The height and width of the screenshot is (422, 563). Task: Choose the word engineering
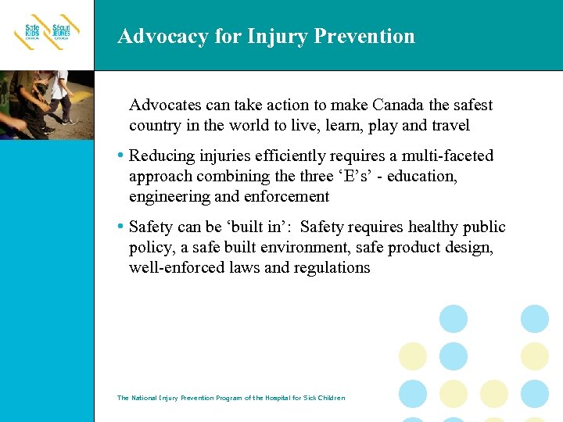tap(167, 197)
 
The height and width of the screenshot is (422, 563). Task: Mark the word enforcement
tap(285, 197)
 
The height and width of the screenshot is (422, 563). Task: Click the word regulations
tap(332, 268)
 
